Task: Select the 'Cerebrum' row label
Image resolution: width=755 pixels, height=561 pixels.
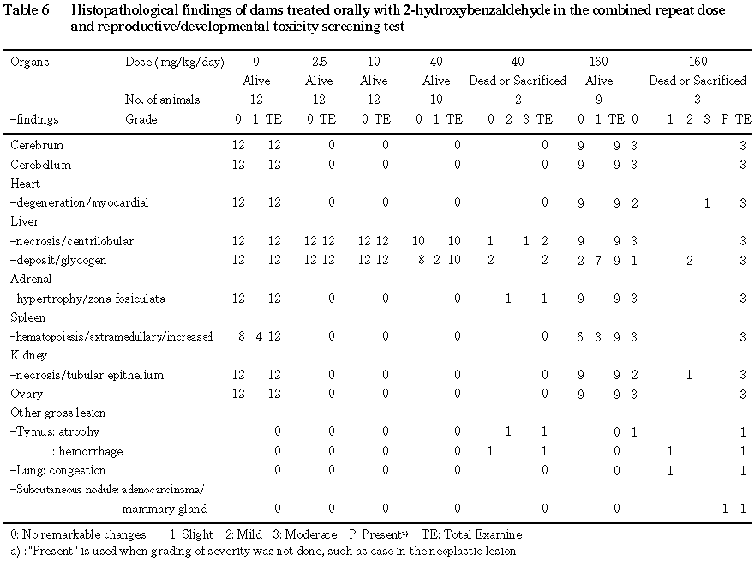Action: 37,146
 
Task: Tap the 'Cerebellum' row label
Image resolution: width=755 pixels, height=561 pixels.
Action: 40,165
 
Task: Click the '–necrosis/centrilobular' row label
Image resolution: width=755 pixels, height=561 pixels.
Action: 72,241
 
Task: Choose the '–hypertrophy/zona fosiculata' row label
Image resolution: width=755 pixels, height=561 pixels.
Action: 87,299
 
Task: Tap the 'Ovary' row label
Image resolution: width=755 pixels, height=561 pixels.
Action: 26,394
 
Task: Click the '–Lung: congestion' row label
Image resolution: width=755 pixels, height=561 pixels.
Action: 57,470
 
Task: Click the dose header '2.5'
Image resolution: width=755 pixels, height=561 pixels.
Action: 320,62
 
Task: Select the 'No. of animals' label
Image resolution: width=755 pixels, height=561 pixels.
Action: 162,100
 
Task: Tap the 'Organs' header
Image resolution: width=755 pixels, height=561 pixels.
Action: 30,62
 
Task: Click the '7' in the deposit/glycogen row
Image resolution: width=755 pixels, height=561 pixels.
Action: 598,260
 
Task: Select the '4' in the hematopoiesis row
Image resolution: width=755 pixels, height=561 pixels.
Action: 258,336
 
